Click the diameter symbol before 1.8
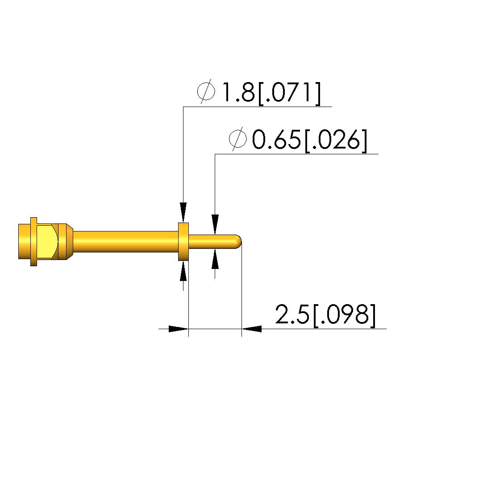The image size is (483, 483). pos(206,91)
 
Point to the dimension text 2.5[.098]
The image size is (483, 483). pos(325,315)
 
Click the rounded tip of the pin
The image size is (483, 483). pos(238,242)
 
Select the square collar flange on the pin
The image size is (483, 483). pos(183,242)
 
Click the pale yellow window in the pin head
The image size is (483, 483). pos(47,242)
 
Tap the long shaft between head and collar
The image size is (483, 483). pos(126,242)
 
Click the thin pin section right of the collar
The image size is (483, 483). pos(212,242)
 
